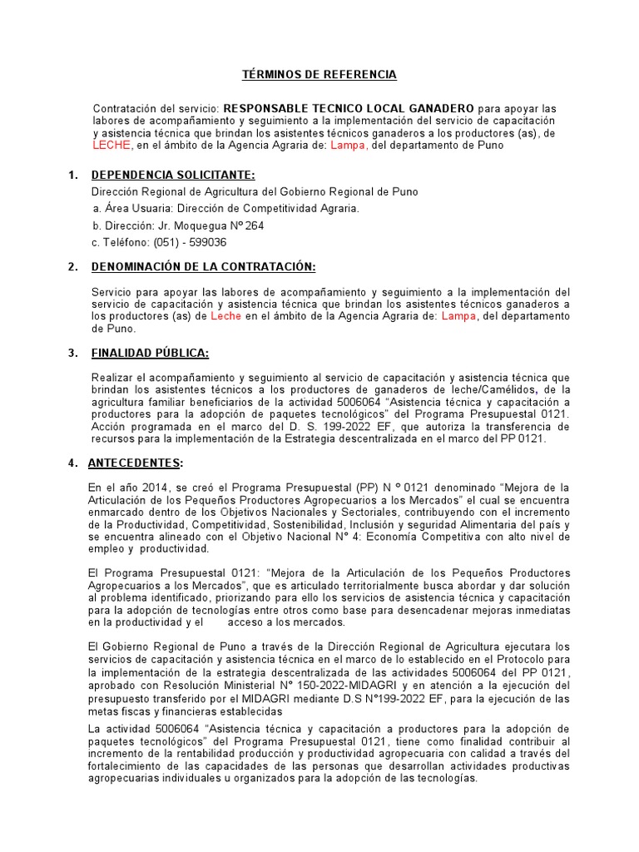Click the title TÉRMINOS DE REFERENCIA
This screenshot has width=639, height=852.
click(x=319, y=76)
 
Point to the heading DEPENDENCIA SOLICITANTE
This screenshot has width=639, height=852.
click(x=173, y=175)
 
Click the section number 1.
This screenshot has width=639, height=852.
click(x=72, y=175)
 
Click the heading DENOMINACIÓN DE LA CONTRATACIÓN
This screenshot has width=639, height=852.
click(x=203, y=267)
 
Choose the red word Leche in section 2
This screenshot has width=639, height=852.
click(x=225, y=316)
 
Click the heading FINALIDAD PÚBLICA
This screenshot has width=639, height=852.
click(x=150, y=354)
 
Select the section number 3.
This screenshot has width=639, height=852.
click(x=72, y=354)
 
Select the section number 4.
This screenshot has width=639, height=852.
click(x=72, y=463)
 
